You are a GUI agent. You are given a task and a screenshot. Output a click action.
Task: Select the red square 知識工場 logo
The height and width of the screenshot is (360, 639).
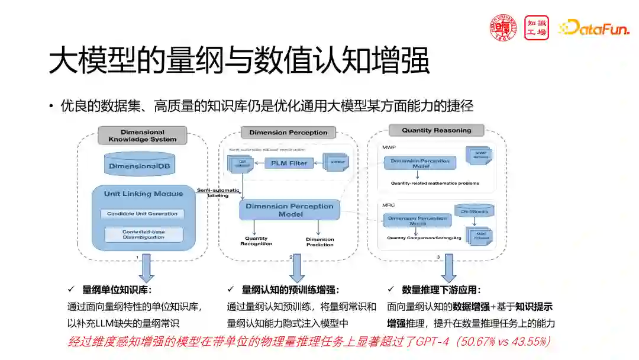(x=536, y=27)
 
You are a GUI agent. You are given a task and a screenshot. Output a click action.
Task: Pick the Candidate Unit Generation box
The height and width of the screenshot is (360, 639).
(x=142, y=214)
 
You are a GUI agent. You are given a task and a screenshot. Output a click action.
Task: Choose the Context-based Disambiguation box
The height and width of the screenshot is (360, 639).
(x=143, y=234)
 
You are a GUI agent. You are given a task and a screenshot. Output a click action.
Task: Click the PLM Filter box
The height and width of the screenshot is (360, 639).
(x=289, y=163)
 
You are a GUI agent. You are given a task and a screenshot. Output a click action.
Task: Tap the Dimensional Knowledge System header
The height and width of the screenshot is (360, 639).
(x=142, y=136)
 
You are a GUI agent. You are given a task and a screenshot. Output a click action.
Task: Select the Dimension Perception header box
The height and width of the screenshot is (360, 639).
(x=288, y=133)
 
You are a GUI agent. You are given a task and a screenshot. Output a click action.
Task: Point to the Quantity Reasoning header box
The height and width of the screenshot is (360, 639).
(x=437, y=130)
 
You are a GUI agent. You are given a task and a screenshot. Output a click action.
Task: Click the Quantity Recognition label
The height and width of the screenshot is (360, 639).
(x=256, y=241)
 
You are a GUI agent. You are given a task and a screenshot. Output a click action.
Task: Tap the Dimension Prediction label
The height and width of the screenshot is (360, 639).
(x=319, y=242)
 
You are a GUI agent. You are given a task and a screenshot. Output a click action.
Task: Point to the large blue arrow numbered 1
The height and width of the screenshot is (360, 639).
(x=146, y=268)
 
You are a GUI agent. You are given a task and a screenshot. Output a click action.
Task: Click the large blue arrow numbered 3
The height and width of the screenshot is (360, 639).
(x=448, y=268)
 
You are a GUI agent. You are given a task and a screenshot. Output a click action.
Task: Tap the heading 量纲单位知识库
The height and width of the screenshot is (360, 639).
(x=117, y=290)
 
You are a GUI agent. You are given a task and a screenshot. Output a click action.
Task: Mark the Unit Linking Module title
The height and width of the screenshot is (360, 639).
(x=143, y=194)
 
